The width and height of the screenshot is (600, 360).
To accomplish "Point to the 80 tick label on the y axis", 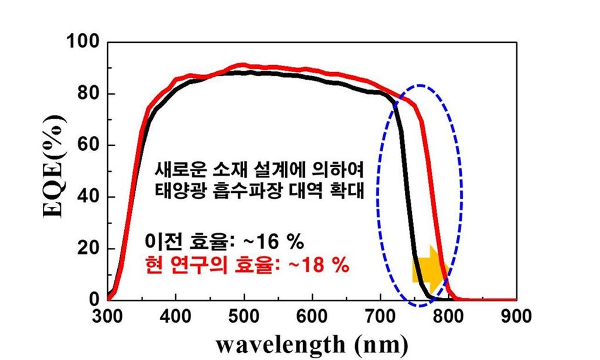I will point(87,94).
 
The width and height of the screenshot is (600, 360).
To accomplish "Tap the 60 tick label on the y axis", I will point(87,145).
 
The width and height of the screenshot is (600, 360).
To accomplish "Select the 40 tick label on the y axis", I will point(87,197).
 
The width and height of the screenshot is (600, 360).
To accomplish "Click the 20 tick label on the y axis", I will point(87,249).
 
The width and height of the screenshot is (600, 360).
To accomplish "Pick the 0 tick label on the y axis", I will point(94,300).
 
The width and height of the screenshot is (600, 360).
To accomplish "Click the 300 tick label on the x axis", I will point(108,317).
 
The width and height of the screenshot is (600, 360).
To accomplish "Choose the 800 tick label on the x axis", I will point(448,317).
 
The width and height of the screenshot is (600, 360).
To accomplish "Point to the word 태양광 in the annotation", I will point(174,191).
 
